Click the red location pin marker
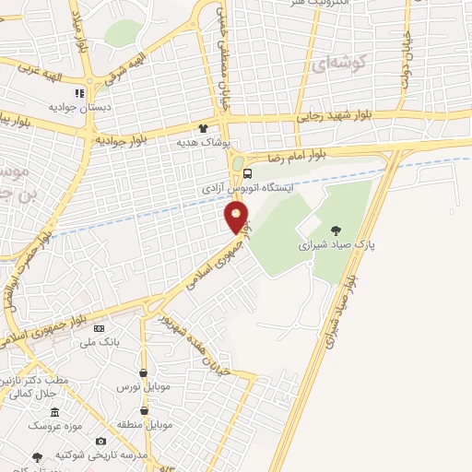(x=237, y=218)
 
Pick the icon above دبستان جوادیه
(x=80, y=93)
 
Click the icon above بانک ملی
(x=100, y=328)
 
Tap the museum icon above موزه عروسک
(x=54, y=412)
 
